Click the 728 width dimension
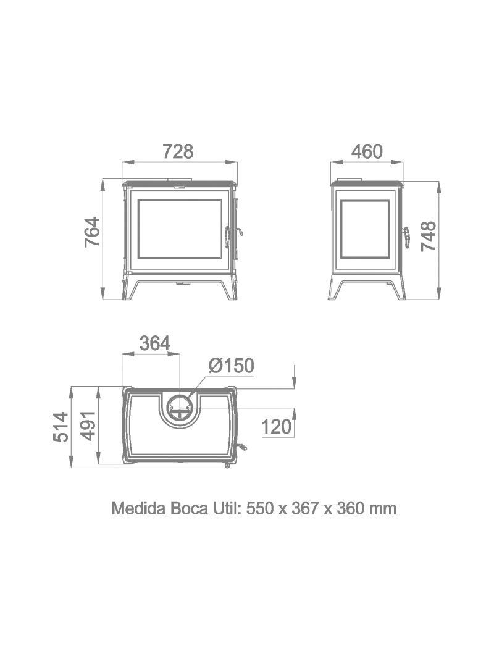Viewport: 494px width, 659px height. tap(178, 151)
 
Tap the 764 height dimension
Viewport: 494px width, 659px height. tap(92, 232)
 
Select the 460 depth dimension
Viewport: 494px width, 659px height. tap(367, 151)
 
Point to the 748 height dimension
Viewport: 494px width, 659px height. tap(429, 236)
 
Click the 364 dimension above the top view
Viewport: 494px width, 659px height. tap(154, 343)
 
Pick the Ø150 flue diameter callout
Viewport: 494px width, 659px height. tap(232, 366)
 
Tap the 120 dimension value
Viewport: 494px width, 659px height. tap(276, 427)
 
